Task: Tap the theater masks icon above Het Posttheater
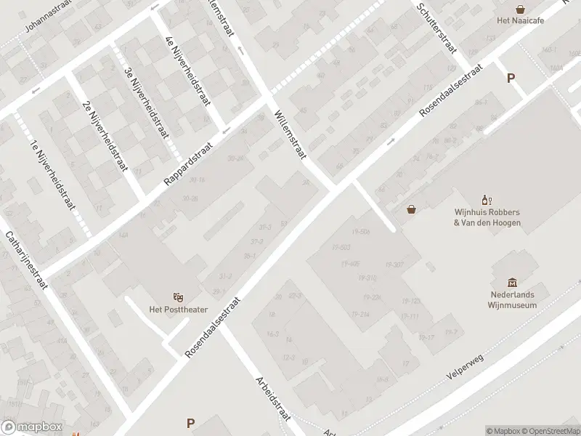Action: coord(178,297)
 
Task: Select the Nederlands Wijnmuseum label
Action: coord(511,300)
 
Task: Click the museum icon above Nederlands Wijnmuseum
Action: coord(512,282)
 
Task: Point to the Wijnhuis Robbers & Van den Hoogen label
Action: coord(487,217)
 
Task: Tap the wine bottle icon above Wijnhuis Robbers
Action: coord(487,200)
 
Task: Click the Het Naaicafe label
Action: coord(520,20)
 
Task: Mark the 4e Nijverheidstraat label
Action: coord(187,70)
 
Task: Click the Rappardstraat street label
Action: coord(187,163)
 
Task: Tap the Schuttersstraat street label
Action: coord(436,27)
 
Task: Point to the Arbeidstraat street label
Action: coord(273,399)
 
